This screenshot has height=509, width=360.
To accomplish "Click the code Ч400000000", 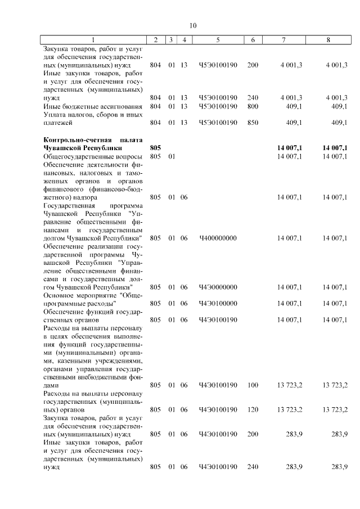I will [218, 238].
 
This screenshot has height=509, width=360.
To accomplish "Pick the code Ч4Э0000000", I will [218, 287].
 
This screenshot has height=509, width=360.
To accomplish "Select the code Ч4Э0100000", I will [218, 304].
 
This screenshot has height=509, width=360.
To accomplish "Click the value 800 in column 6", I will [253, 106].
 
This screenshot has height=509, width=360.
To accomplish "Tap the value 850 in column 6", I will [253, 122].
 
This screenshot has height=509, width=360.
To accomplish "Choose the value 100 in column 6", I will [253, 385].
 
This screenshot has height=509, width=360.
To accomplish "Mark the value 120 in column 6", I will [253, 410].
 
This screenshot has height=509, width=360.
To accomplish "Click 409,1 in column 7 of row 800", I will [294, 106].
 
